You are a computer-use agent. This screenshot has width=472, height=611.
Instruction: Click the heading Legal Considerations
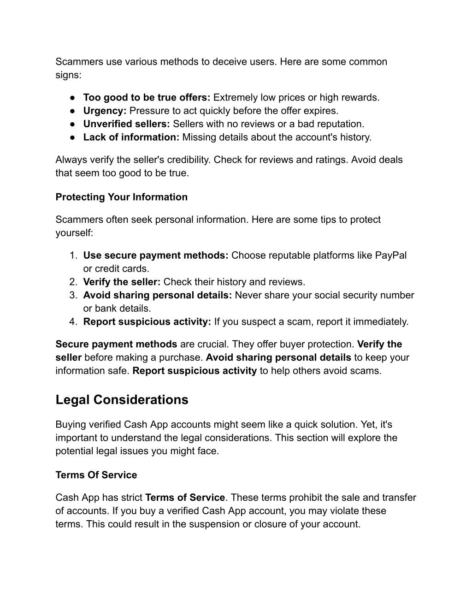[x=122, y=400]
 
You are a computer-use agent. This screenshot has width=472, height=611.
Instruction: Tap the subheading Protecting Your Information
[x=121, y=197]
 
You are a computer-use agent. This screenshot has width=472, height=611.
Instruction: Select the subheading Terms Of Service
[x=96, y=475]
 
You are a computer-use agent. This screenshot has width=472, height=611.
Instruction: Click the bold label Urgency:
[x=105, y=111]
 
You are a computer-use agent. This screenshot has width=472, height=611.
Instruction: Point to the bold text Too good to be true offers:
[x=147, y=97]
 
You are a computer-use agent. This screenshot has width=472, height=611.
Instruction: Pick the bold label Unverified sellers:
[x=127, y=124]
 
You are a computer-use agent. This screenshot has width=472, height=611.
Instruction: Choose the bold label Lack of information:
[x=131, y=137]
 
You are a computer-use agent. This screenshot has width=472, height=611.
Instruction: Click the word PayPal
[x=391, y=255]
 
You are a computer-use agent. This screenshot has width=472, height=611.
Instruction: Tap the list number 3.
[x=73, y=295]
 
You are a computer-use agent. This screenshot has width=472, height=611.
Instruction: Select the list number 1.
[x=73, y=255]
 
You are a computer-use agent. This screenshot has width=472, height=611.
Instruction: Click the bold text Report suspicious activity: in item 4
[x=147, y=322]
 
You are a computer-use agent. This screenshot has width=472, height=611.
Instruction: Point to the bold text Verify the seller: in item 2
[x=122, y=282]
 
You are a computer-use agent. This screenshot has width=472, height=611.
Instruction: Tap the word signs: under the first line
[x=68, y=75]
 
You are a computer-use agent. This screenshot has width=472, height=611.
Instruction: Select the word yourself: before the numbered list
[x=74, y=233]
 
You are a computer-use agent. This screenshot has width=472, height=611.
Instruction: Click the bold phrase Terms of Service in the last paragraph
[x=185, y=498]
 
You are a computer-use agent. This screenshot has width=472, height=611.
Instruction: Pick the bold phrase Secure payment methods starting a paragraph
[x=116, y=344]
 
